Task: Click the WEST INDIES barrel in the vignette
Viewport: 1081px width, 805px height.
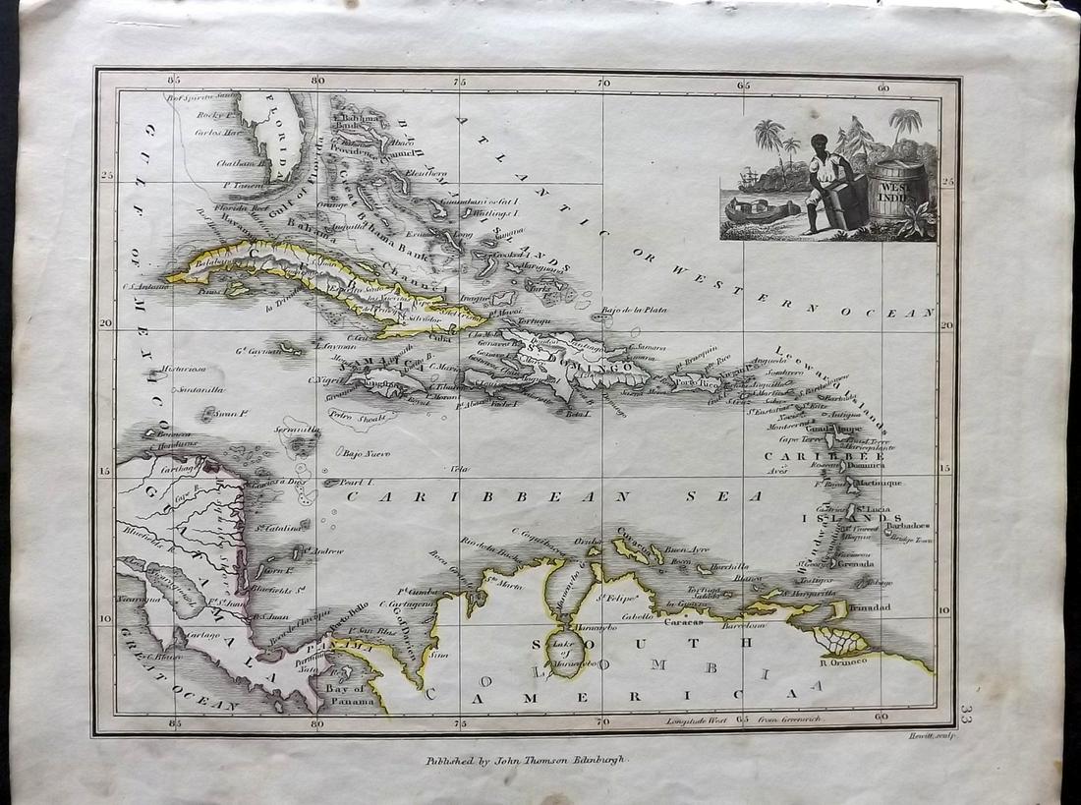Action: (897, 194)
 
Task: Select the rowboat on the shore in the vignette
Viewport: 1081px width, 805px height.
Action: (763, 209)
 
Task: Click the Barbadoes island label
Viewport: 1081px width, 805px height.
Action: (906, 526)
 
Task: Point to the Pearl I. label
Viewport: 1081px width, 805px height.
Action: (354, 483)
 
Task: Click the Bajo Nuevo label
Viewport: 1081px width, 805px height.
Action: (367, 453)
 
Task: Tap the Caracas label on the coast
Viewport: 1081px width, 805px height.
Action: (685, 622)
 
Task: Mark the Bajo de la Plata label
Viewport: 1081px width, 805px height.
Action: (635, 310)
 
